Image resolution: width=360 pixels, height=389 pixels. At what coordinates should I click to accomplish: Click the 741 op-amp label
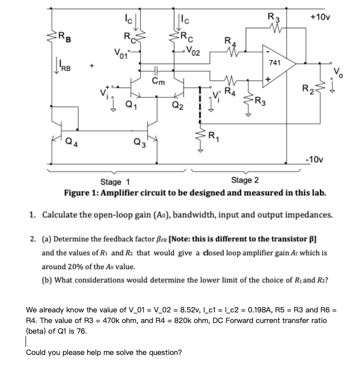point(275,63)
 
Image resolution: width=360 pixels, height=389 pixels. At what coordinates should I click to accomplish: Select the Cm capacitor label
point(158,81)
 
